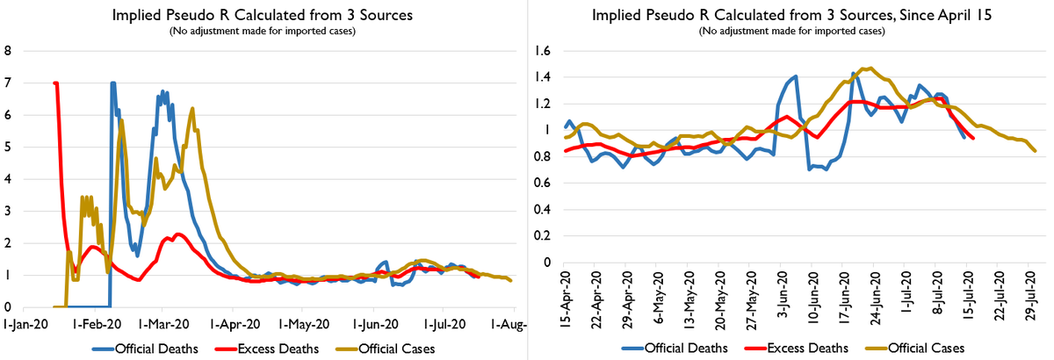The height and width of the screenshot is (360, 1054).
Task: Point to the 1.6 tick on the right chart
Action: pos(543,51)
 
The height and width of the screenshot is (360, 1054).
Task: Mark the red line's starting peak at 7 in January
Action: pos(55,83)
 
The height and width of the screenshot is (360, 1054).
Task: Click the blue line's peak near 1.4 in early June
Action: pos(796,76)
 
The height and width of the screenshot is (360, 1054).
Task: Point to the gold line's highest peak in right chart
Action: pos(868,68)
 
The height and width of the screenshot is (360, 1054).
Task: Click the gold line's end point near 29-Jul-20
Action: pos(1036,151)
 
